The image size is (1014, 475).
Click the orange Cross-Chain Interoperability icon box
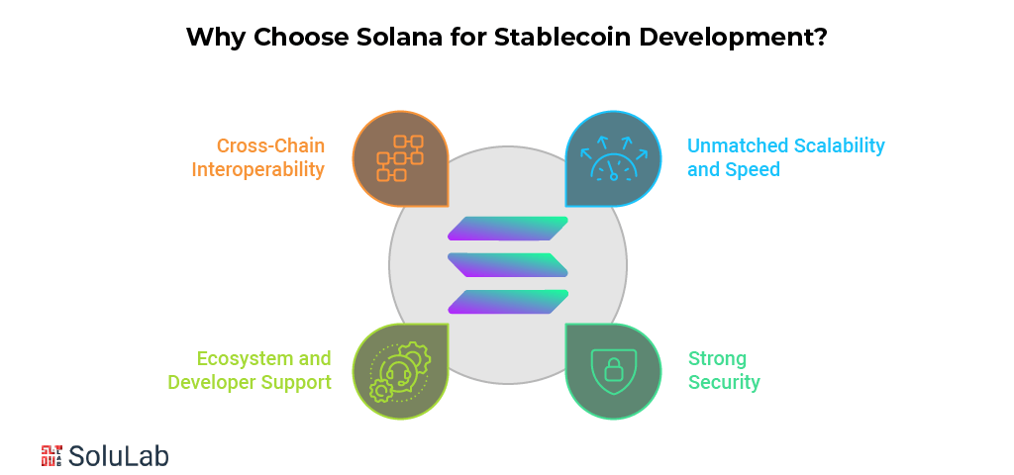click(x=400, y=158)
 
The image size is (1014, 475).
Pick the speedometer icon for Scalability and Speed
click(x=613, y=158)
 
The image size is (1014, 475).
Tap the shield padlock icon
click(x=613, y=370)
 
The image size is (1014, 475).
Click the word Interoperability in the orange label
click(x=257, y=169)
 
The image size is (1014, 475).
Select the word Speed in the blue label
click(x=753, y=169)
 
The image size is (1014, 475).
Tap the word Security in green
click(x=724, y=382)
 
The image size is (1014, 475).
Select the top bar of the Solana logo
click(x=508, y=229)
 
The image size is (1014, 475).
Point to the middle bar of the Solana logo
click(x=508, y=264)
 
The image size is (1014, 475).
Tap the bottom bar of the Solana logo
click(x=508, y=301)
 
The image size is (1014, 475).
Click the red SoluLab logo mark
click(x=51, y=455)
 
